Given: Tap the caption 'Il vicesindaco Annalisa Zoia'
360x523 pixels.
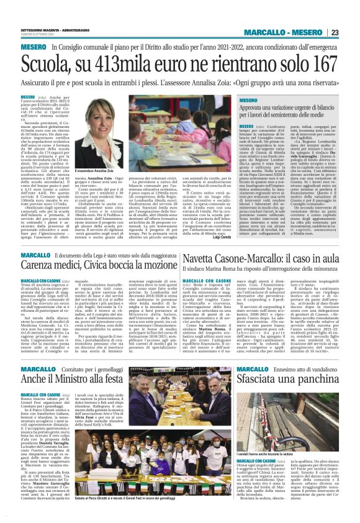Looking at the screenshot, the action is coord(92,170).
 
